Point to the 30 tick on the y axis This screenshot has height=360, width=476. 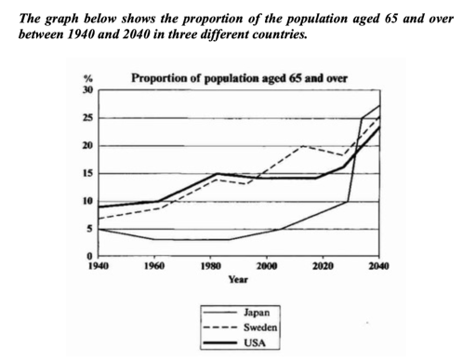[87, 90]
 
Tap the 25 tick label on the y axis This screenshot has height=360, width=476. [87, 118]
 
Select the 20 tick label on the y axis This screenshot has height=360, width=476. [87, 146]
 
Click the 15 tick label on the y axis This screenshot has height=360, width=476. [87, 174]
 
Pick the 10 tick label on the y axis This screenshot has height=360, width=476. [87, 201]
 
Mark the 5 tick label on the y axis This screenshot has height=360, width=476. [89, 229]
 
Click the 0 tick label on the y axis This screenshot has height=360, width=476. [89, 257]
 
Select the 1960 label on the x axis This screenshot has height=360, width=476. [154, 267]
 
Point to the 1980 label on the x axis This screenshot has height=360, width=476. [210, 267]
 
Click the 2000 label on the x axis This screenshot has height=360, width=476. [267, 267]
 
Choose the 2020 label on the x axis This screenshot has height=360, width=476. [323, 267]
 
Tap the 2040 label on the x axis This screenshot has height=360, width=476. [378, 267]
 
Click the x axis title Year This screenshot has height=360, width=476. [238, 279]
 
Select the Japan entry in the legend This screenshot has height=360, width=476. [236, 313]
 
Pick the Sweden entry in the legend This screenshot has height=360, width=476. [236, 327]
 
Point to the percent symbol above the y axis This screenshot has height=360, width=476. [88, 81]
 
